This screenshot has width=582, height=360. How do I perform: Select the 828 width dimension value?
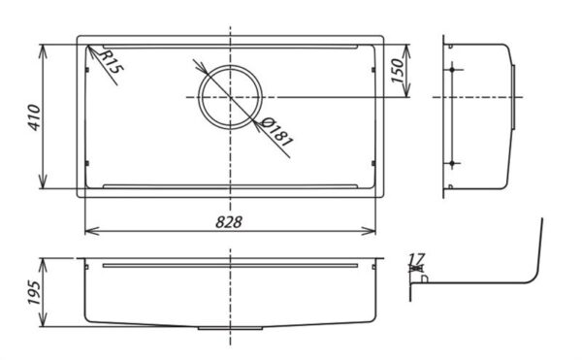[230, 221]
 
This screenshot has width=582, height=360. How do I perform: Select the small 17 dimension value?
[417, 260]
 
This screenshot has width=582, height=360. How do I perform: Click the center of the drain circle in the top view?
[231, 96]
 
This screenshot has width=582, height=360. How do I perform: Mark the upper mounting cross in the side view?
[453, 71]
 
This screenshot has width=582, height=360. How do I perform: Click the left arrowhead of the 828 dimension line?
[90, 231]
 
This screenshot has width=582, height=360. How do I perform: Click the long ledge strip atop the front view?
[230, 262]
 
